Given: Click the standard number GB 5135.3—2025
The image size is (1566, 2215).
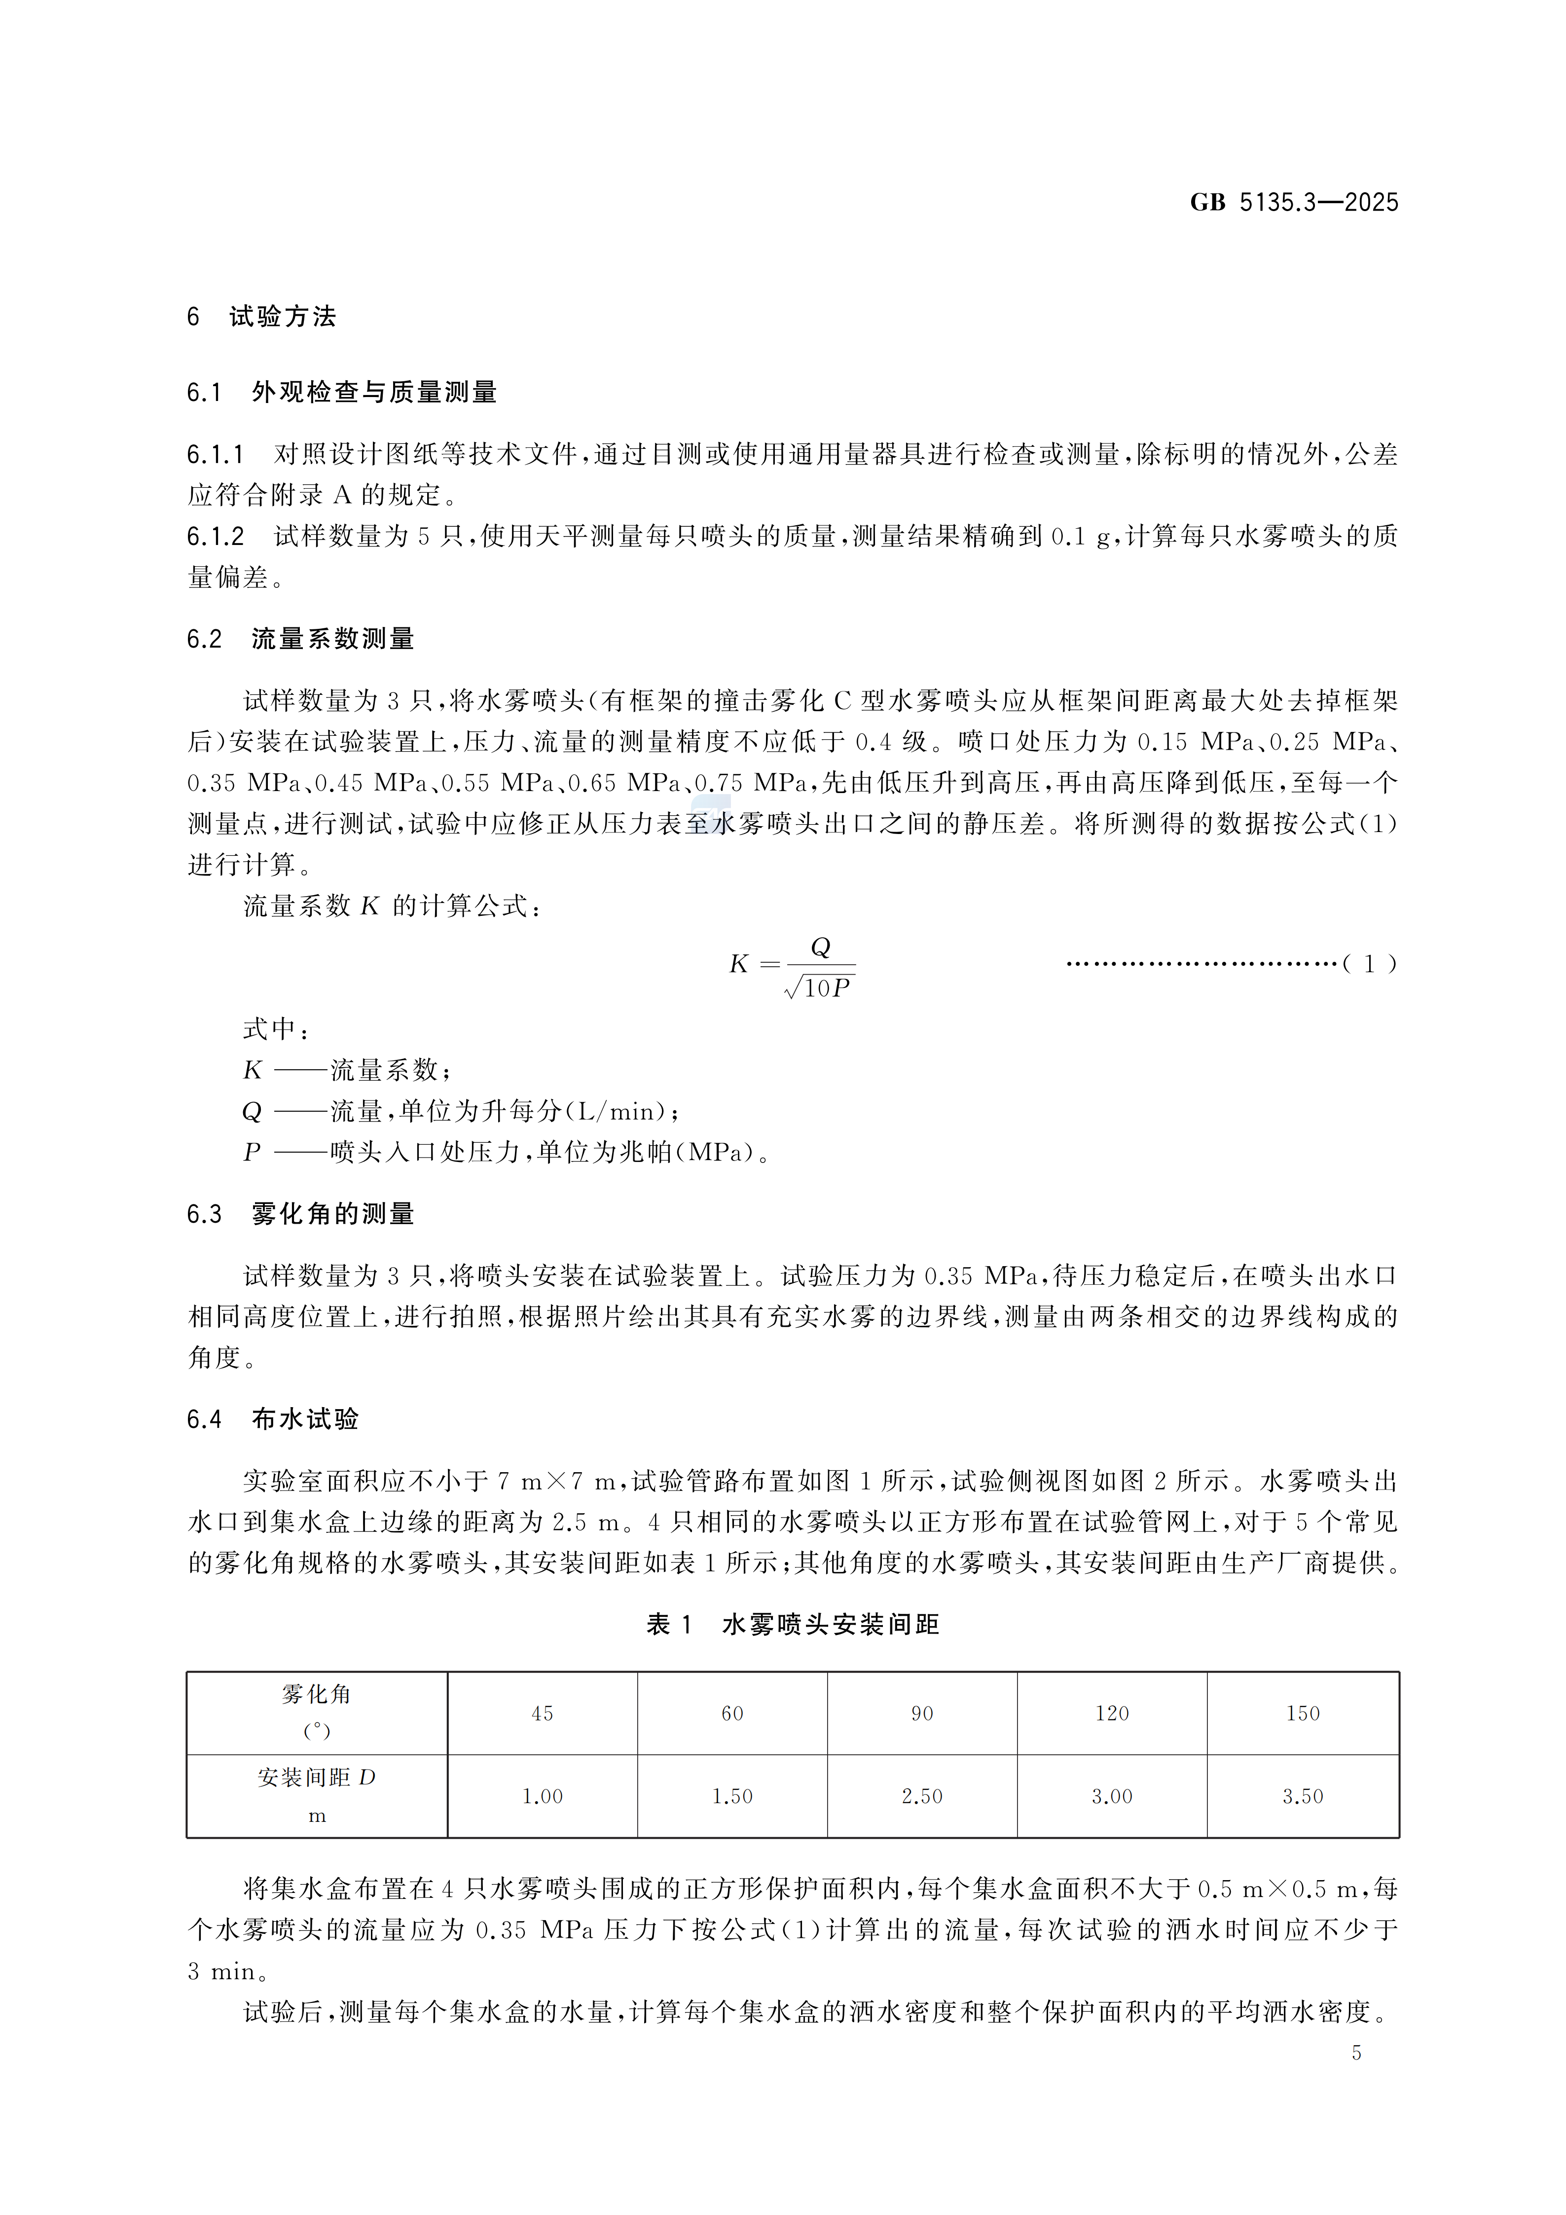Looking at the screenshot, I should (x=1293, y=203).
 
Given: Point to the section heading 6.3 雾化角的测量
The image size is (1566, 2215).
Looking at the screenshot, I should (x=301, y=1214).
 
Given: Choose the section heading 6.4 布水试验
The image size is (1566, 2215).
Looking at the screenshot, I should (x=273, y=1419).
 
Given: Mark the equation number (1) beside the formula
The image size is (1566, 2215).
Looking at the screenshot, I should (x=1369, y=964).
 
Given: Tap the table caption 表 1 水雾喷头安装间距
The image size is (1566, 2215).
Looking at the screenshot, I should (x=792, y=1625).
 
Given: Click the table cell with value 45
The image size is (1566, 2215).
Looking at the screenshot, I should (x=542, y=1713).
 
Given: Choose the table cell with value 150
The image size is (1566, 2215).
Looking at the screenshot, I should (x=1303, y=1713).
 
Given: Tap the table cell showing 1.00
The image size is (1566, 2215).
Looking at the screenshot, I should (x=542, y=1796).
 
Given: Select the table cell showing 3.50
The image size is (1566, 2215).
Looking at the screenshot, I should (x=1303, y=1796).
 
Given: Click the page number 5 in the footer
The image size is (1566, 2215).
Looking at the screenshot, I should (x=1356, y=2053).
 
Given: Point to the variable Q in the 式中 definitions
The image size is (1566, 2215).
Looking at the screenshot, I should (x=252, y=1111).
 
